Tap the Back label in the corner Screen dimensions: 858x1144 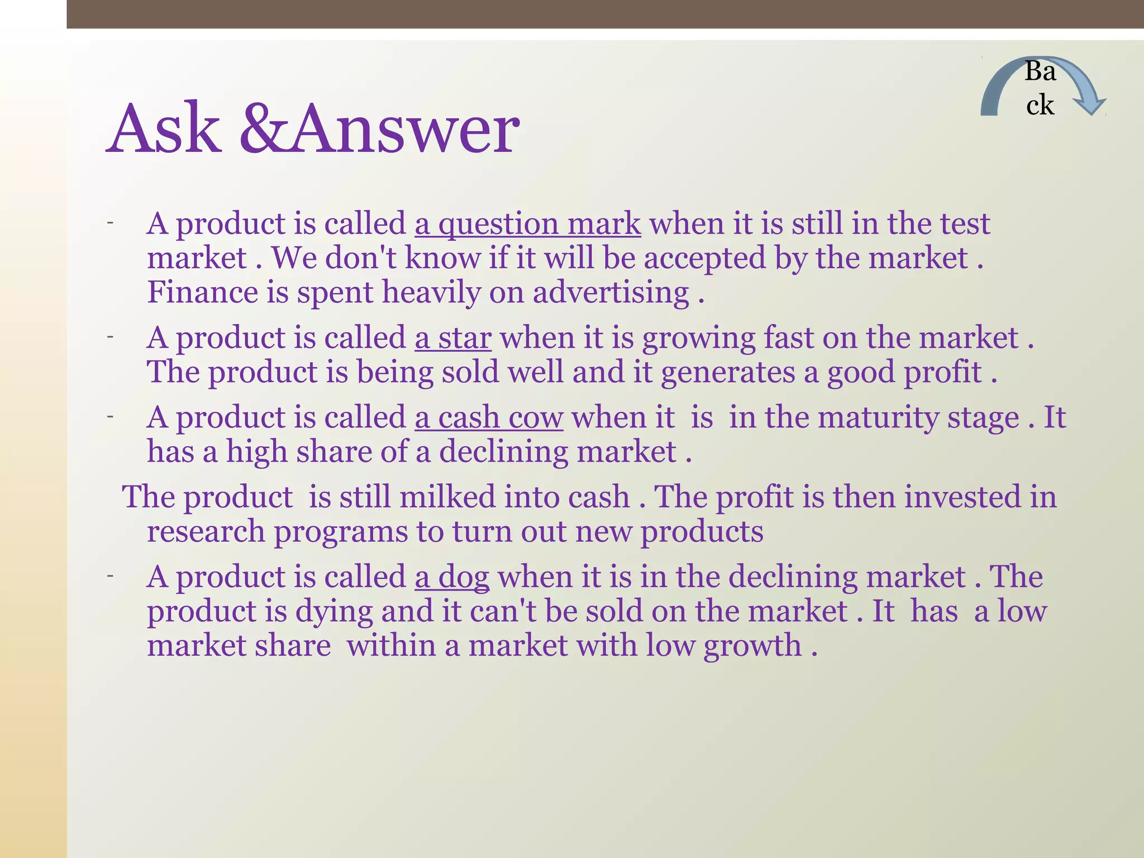coord(1040,88)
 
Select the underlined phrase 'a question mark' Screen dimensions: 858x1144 coord(527,225)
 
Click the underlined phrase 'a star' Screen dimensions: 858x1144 coord(453,339)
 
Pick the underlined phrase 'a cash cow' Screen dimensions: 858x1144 coord(489,418)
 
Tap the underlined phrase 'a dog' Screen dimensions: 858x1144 coord(452,577)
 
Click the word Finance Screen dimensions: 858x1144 coord(202,293)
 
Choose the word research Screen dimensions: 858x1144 coord(206,532)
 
